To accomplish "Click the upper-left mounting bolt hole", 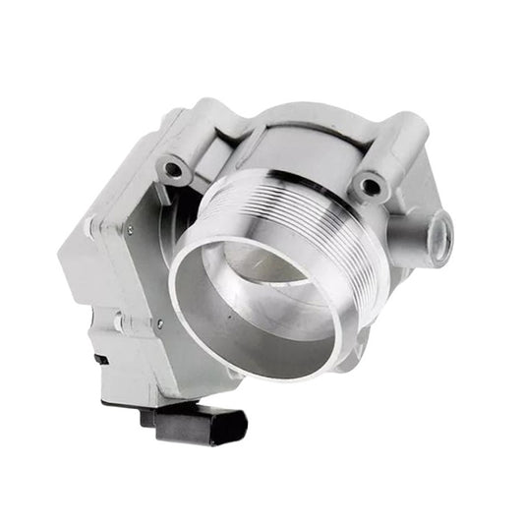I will click(x=174, y=169).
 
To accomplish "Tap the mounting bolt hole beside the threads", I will click(x=370, y=184).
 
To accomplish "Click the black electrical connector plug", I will click(x=202, y=424).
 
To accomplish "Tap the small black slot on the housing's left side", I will click(x=101, y=359).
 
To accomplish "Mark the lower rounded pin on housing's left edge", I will click(x=117, y=320).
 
